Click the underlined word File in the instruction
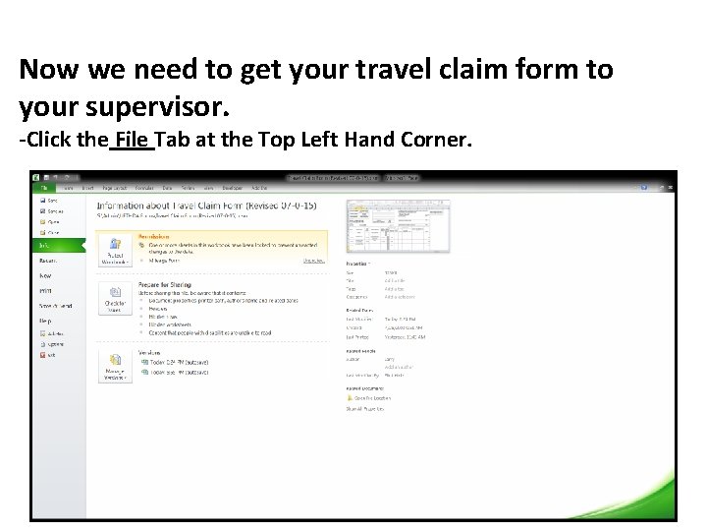click(x=133, y=140)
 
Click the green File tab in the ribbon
click(x=43, y=187)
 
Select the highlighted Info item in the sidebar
click(x=46, y=245)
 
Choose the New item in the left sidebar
click(x=45, y=276)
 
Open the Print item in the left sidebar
click(x=46, y=291)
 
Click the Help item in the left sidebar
click(x=45, y=321)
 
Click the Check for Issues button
click(x=115, y=300)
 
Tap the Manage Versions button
click(x=115, y=367)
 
